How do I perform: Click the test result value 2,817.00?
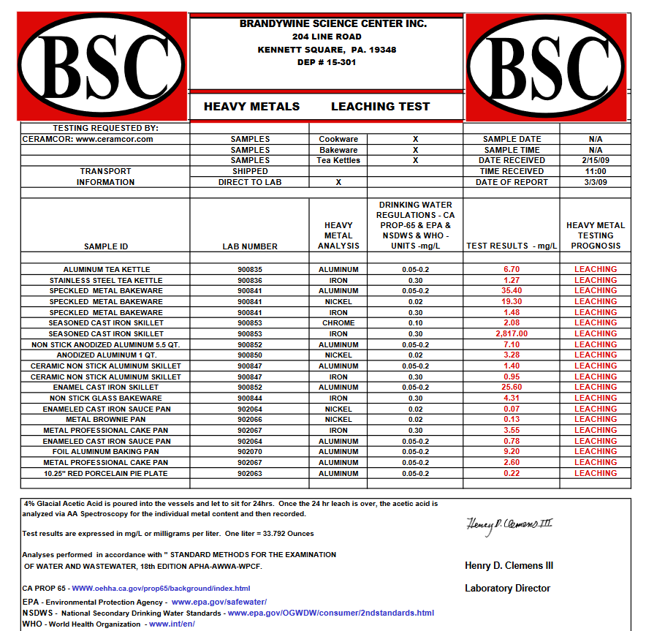[512, 333]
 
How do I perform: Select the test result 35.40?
[512, 291]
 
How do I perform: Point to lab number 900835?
[249, 270]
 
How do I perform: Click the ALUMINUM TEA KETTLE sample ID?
[106, 270]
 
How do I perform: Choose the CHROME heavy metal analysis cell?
[338, 323]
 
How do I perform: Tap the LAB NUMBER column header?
[249, 246]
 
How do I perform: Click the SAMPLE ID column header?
[106, 246]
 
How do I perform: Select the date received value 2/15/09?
[595, 160]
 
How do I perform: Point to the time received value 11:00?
[595, 171]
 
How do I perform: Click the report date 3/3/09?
[595, 182]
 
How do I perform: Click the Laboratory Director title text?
[508, 589]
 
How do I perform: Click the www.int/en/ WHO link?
[172, 624]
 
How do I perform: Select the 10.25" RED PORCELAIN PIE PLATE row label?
[106, 473]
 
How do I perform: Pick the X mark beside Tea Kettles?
[415, 160]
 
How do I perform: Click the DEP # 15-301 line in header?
[327, 62]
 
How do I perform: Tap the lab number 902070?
[249, 452]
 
